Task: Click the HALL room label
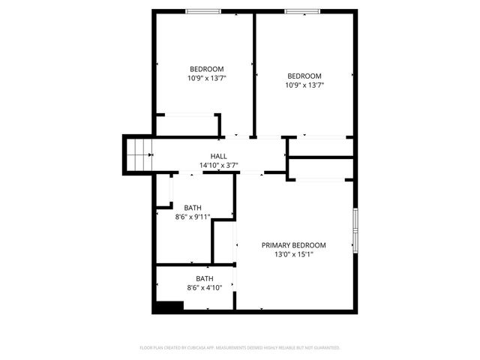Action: (x=218, y=156)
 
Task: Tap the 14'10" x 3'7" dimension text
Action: (x=218, y=165)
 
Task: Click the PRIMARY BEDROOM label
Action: (x=293, y=245)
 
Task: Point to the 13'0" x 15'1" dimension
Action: (x=293, y=254)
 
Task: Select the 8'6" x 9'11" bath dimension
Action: (x=193, y=217)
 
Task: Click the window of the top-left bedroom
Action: (x=203, y=10)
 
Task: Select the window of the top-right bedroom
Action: (x=301, y=10)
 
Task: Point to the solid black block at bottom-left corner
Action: (x=168, y=306)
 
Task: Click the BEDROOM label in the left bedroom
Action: (x=206, y=69)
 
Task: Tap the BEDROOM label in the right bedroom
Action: (x=304, y=76)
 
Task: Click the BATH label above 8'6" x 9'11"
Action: (x=193, y=208)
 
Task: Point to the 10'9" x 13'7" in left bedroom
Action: (x=206, y=78)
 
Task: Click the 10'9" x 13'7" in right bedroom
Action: (x=304, y=85)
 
